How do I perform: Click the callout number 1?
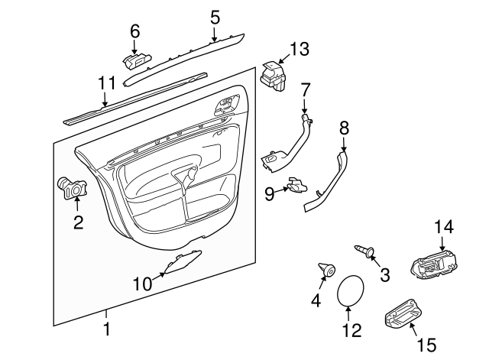click(107, 330)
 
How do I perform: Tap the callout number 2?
click(77, 223)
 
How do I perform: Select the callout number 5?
click(215, 16)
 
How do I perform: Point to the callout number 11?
click(106, 83)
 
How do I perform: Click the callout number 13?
click(300, 50)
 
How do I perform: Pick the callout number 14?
click(444, 226)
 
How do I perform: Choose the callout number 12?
click(351, 331)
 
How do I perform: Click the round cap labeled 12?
click(351, 290)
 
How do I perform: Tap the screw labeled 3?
click(365, 250)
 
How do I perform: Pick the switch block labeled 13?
click(271, 76)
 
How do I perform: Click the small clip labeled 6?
click(135, 60)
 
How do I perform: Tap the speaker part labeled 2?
click(74, 186)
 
